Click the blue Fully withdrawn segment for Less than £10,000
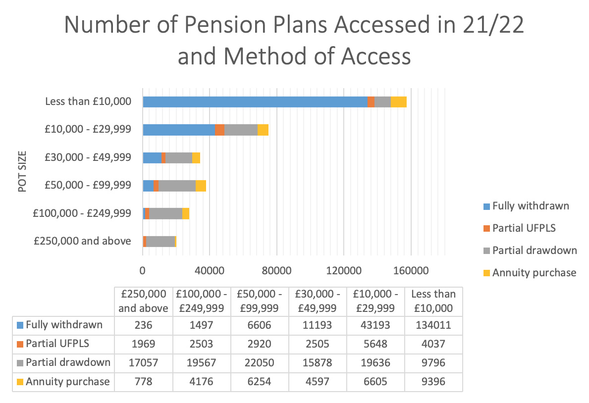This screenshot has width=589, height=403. (255, 102)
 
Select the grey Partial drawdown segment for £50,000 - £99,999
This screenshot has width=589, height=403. (177, 186)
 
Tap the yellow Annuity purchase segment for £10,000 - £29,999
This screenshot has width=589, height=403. (263, 130)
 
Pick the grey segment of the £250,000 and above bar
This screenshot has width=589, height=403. (161, 242)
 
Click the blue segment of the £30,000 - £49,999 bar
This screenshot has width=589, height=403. (152, 158)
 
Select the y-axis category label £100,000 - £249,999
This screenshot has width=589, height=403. (82, 213)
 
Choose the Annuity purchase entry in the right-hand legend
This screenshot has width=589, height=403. (534, 273)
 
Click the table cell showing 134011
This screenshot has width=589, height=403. (433, 325)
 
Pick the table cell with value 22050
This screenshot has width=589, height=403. (259, 362)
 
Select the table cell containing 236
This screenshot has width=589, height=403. (143, 325)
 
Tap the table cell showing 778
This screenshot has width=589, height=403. (143, 382)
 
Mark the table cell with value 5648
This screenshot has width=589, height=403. (375, 344)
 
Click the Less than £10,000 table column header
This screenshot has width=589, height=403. (433, 301)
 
